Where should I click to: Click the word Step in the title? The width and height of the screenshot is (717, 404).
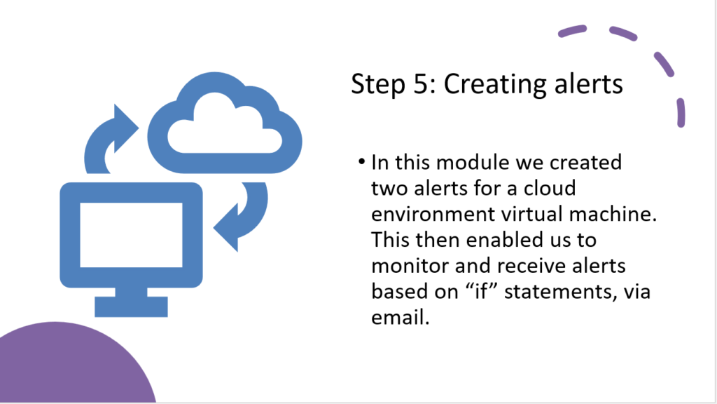[377, 85]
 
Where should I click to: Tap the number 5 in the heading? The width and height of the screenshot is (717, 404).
[421, 84]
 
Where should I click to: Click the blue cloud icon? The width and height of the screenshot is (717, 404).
[225, 123]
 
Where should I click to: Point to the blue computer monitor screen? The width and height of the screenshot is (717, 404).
[131, 234]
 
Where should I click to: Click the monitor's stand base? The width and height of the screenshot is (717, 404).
[131, 307]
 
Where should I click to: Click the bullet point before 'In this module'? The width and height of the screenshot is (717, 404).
[362, 162]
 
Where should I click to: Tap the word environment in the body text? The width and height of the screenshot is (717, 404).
[433, 214]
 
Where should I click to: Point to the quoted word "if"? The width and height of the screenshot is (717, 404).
[481, 291]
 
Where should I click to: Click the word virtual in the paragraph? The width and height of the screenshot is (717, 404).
[531, 214]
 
